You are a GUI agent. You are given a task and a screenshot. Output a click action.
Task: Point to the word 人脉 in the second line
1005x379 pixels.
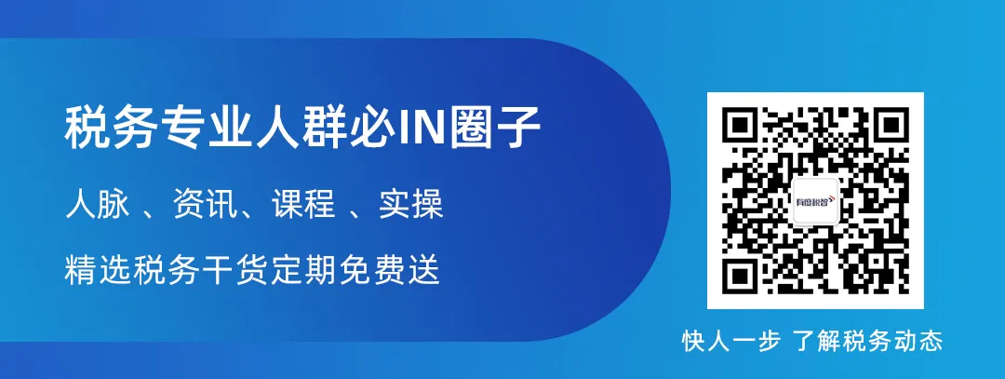(98, 206)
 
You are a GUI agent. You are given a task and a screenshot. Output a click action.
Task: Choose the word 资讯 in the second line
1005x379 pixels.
(205, 206)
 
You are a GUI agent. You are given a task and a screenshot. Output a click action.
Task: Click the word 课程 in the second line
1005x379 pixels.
(303, 206)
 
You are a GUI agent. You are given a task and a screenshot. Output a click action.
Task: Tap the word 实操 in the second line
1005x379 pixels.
(411, 206)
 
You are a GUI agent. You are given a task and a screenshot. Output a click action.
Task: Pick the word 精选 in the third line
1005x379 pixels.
(98, 270)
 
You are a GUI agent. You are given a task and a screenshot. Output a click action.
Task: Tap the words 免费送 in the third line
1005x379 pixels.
(393, 270)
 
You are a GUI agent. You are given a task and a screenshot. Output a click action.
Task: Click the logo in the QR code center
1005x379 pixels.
(815, 201)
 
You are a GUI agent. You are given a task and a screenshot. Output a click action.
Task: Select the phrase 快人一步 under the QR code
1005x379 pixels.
(731, 341)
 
